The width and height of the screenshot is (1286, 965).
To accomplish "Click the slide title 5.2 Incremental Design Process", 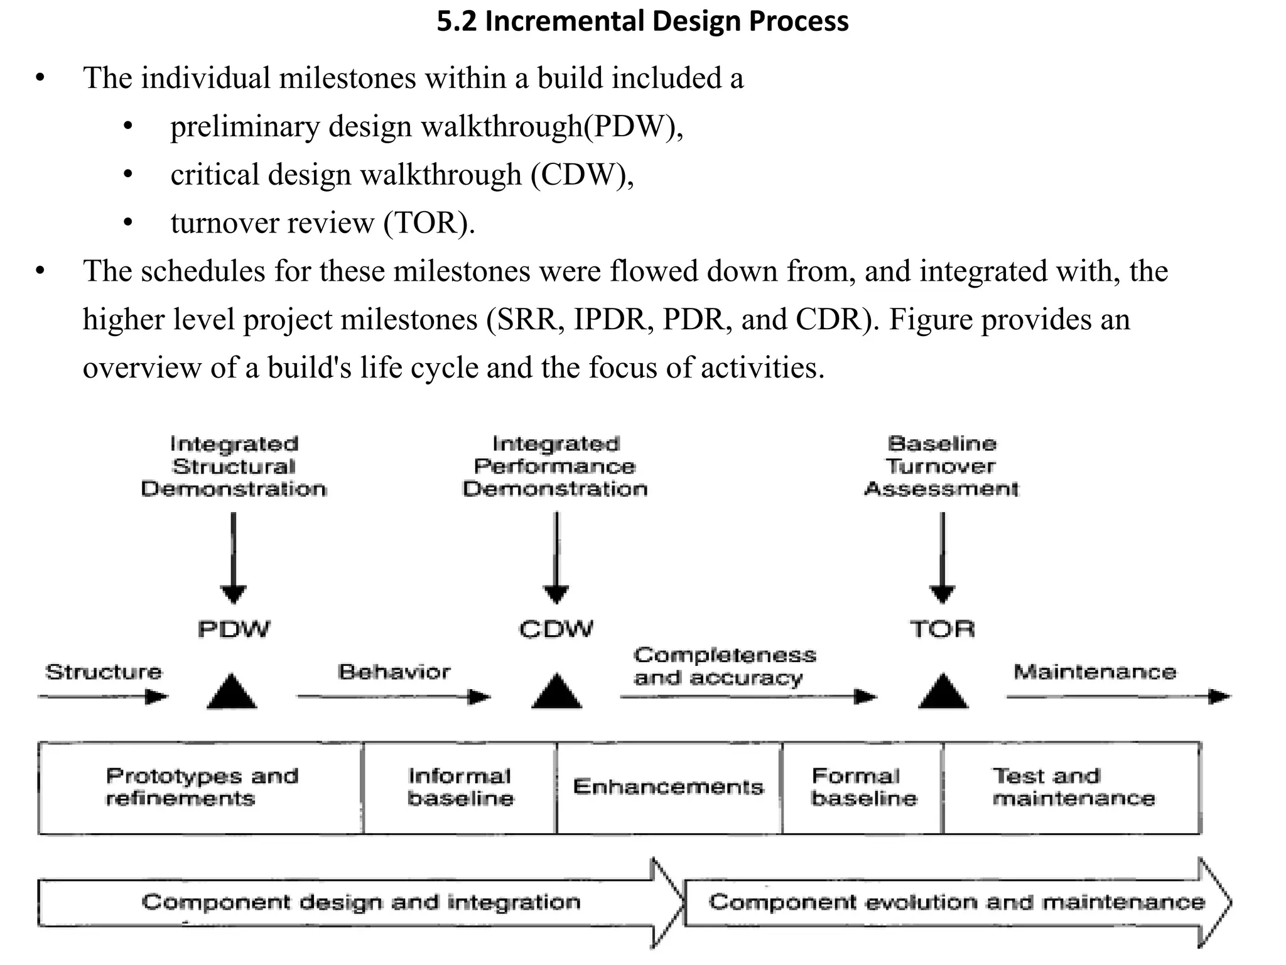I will tap(642, 21).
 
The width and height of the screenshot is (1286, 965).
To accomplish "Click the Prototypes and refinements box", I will tap(201, 788).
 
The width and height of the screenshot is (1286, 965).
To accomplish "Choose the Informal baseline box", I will tap(460, 788).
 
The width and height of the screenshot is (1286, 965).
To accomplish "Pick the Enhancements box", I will tap(669, 788).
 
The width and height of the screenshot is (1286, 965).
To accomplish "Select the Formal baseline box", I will tap(863, 788).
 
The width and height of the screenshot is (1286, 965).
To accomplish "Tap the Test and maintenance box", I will tap(1073, 788).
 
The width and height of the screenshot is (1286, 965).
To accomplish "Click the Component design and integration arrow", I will tap(361, 903).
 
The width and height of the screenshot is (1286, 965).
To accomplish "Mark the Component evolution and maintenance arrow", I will tap(956, 903).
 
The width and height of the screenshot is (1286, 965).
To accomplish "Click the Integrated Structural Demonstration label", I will tap(234, 467).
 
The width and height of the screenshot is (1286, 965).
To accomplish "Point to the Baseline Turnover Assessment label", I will tap(941, 467).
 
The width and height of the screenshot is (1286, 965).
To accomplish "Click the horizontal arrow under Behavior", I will tap(394, 697).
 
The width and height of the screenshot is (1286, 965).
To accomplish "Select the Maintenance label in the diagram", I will tap(1094, 672).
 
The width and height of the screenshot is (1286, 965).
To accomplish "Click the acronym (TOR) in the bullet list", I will tap(429, 223).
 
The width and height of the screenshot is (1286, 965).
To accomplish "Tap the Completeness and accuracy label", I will tap(724, 667).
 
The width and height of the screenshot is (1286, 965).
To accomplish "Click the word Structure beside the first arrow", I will tap(104, 672).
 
